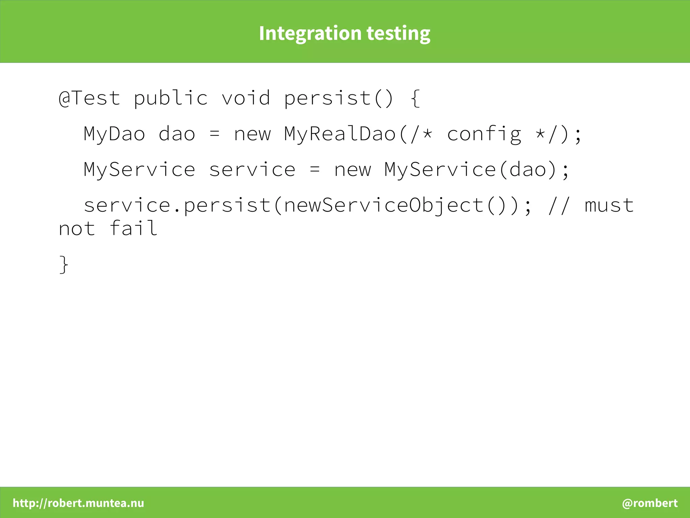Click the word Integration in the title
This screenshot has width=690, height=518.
click(310, 34)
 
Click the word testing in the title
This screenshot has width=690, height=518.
click(398, 34)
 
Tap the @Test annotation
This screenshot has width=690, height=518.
click(89, 98)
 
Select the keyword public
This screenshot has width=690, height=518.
click(170, 98)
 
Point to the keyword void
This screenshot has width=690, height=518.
click(246, 98)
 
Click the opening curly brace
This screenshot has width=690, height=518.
click(415, 98)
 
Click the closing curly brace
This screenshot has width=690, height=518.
click(64, 265)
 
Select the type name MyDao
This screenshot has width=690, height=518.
click(114, 134)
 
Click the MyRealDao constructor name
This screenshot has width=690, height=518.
click(340, 134)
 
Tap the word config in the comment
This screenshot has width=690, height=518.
click(484, 134)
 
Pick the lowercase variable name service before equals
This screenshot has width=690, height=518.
click(252, 170)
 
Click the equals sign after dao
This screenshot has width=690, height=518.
click(214, 134)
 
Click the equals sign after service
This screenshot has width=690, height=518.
click(315, 170)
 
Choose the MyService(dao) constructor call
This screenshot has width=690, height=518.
click(470, 170)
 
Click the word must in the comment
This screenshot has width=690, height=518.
click(609, 205)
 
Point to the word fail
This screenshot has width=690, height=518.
click(133, 228)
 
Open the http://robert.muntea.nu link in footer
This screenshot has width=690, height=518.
click(79, 503)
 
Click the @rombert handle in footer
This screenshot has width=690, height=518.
click(650, 503)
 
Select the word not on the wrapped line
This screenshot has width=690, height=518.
click(77, 228)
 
